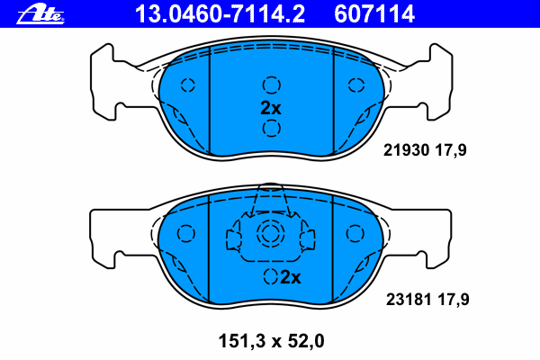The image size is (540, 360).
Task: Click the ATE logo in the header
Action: point(40,14)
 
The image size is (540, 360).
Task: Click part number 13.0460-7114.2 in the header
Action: point(220,14)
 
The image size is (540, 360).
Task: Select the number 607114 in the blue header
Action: point(374,14)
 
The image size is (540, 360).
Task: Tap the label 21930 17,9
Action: point(425,150)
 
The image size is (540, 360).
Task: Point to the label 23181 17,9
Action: point(427,300)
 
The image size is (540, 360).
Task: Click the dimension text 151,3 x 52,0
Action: point(272,341)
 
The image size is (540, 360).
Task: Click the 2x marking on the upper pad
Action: point(271,108)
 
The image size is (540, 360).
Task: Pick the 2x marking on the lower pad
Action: point(291,277)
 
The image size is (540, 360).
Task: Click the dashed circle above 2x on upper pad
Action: point(272,85)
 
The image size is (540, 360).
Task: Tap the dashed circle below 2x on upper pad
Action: point(272,128)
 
